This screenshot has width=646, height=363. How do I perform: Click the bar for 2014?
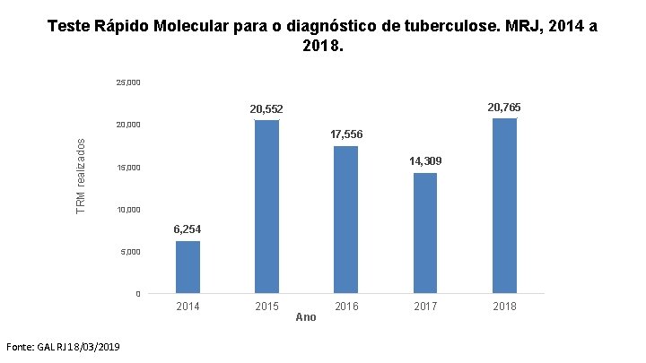click(x=188, y=267)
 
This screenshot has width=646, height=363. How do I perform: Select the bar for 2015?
click(x=267, y=207)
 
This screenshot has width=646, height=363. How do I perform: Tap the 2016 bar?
click(x=346, y=220)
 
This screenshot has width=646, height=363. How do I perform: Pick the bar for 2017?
click(x=425, y=233)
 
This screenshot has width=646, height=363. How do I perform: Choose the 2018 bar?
click(x=504, y=206)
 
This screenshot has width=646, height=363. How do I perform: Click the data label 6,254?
click(x=188, y=229)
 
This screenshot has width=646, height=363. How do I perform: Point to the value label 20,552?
click(x=266, y=109)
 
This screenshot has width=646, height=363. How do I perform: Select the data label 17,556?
click(x=346, y=134)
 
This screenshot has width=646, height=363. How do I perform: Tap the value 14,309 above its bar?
click(x=425, y=161)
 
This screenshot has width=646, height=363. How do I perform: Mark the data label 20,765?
click(x=504, y=108)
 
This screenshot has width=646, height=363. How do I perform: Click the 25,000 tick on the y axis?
click(x=128, y=82)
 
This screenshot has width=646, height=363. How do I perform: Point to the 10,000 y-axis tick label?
click(x=128, y=210)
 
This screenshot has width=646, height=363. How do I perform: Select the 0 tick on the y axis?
click(x=138, y=294)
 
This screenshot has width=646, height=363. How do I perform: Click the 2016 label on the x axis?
click(x=346, y=307)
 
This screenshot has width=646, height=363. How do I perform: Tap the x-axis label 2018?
click(x=504, y=307)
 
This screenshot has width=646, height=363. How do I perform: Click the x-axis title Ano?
click(x=306, y=317)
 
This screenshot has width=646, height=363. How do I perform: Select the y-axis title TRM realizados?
click(x=81, y=177)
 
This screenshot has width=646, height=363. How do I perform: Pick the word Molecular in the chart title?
click(x=191, y=26)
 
